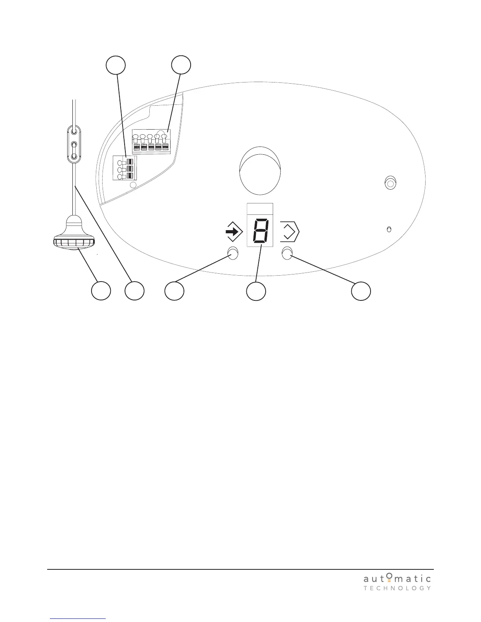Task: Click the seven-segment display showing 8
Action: tap(260, 231)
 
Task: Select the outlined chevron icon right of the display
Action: tap(290, 232)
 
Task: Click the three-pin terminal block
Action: tap(123, 168)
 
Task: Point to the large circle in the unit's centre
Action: tap(260, 170)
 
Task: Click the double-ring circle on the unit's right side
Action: tap(390, 183)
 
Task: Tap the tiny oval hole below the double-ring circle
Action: tap(389, 229)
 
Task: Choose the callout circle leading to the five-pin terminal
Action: tap(181, 65)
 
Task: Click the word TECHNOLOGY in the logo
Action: tap(397, 588)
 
